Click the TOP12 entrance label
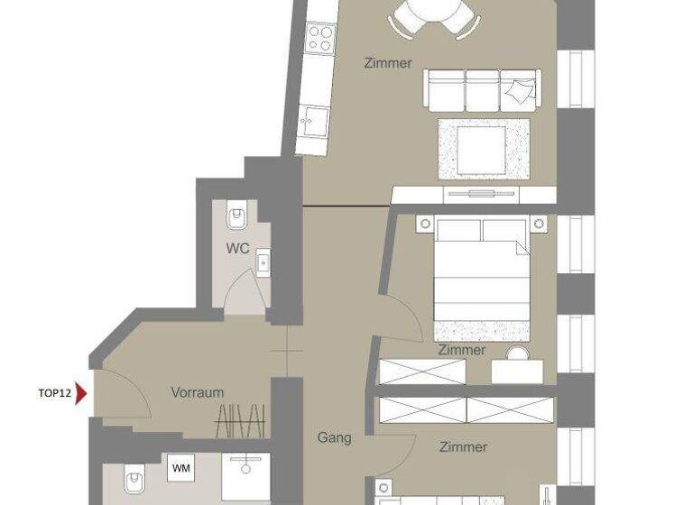click(53, 393)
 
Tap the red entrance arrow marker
click(81, 394)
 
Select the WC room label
click(237, 249)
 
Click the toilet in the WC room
click(237, 218)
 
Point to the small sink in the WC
click(262, 262)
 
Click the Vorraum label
click(198, 392)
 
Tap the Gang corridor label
click(334, 438)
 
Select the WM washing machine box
click(181, 467)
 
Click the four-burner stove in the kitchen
click(319, 37)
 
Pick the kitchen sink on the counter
click(316, 121)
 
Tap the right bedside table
click(539, 223)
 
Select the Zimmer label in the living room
click(388, 63)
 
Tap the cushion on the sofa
click(519, 90)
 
